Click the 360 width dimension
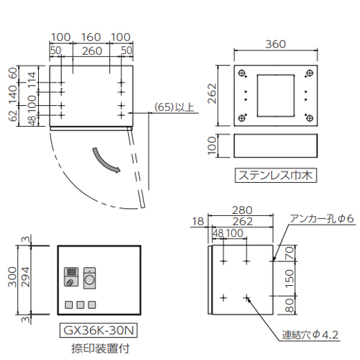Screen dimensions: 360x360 click(276, 44)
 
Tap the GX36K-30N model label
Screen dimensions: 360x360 click(99, 330)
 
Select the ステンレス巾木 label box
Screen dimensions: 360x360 click(276, 175)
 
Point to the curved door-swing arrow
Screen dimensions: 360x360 click(106, 161)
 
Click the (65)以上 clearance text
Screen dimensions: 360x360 click(174, 107)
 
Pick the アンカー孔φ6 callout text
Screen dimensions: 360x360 click(322, 219)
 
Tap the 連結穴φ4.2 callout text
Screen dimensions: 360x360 click(310, 335)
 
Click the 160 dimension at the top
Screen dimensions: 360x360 click(91, 37)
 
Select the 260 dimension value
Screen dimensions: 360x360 click(92, 51)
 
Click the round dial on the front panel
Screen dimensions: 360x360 click(89, 280)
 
